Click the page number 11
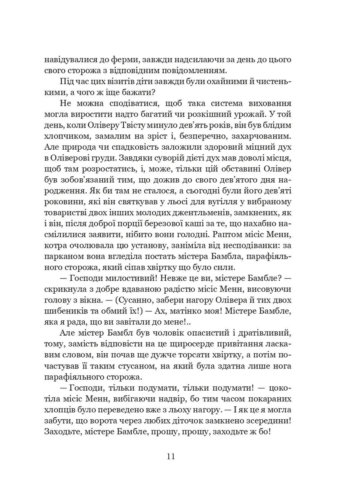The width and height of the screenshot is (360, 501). coord(171,457)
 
